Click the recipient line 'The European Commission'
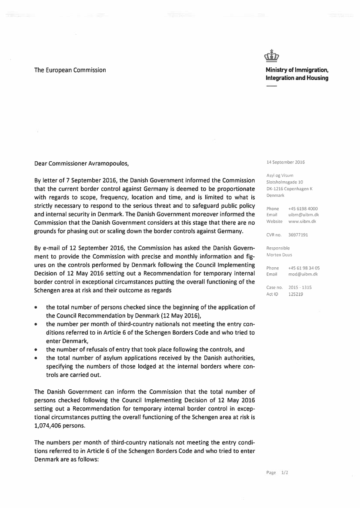70,70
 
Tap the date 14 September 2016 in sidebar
285,163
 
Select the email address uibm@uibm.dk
303,215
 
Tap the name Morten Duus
279,255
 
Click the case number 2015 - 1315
300,288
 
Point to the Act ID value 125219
296,294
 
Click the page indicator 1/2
285,472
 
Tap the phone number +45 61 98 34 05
304,268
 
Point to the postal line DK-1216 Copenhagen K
289,189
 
